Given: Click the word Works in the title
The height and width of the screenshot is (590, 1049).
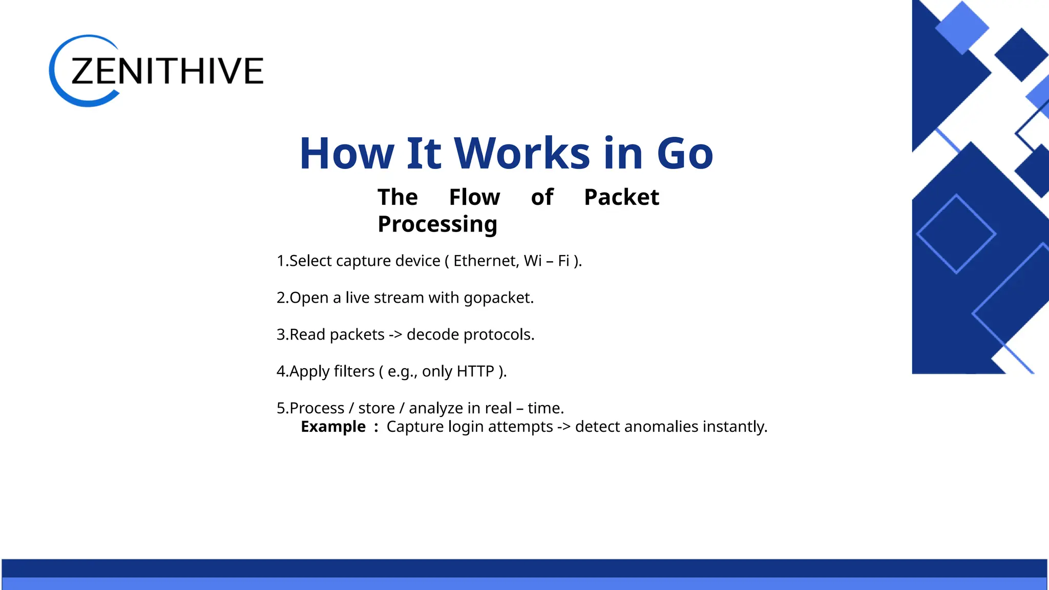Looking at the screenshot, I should (522, 153).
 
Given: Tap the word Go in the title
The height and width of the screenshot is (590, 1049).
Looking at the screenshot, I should (685, 153).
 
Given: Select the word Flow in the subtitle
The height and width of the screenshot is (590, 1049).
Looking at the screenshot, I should (474, 197).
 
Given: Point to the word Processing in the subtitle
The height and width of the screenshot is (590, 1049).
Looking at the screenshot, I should (437, 224).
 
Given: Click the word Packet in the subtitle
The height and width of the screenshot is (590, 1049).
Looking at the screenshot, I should (621, 197).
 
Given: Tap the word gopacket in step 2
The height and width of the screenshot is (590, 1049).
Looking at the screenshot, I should (498, 298).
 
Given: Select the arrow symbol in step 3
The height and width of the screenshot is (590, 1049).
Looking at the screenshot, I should (395, 335).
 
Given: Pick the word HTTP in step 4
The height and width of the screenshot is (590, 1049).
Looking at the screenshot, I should (475, 371).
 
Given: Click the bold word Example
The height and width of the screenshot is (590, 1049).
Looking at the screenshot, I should (333, 427).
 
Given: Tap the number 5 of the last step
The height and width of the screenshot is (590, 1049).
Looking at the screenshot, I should (281, 408).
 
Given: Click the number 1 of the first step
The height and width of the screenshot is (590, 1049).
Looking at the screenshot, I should (280, 261).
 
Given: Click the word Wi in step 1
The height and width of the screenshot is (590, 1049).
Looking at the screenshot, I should (533, 261).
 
